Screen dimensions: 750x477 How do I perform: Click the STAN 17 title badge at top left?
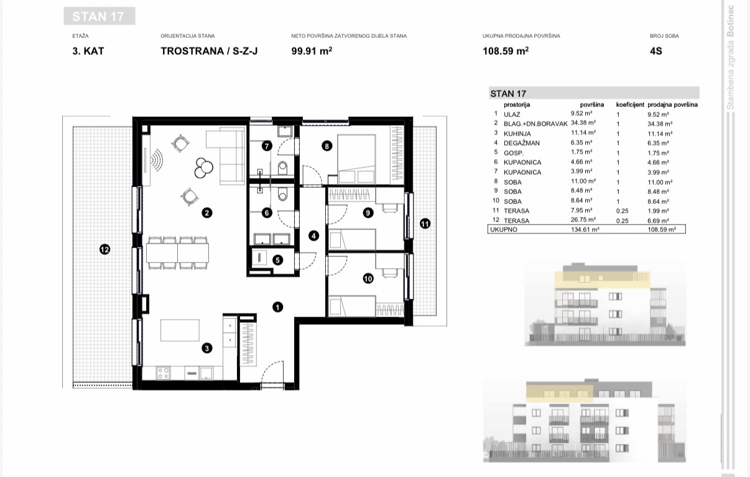[x=100, y=16]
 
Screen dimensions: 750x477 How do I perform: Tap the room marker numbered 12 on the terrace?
[x=105, y=249]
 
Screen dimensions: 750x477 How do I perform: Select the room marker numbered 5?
[x=277, y=260]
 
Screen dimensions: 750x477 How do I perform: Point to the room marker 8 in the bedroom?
[x=326, y=146]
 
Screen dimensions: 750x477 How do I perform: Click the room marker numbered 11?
[x=425, y=224]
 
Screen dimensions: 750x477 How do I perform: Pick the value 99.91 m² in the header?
[x=312, y=51]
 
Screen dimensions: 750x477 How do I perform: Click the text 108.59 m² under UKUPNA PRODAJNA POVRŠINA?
[x=506, y=51]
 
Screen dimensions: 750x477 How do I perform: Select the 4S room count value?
[x=656, y=51]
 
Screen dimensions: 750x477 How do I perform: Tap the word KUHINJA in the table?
[x=517, y=134]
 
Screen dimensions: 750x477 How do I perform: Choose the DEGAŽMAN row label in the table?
[x=522, y=143]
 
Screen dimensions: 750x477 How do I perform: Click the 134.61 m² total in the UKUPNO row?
[x=585, y=229]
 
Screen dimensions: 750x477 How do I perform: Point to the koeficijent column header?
[x=630, y=104]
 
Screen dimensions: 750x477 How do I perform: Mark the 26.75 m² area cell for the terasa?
[x=583, y=220]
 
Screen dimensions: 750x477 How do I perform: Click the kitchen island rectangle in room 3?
[x=180, y=330]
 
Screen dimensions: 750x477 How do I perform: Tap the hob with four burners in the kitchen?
[x=163, y=373]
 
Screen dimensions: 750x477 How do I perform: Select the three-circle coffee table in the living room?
[x=203, y=167]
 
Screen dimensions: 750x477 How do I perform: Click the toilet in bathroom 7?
[x=282, y=167]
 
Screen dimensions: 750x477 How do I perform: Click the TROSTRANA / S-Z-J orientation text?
[x=209, y=51]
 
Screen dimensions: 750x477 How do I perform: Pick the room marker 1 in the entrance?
[x=277, y=307]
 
